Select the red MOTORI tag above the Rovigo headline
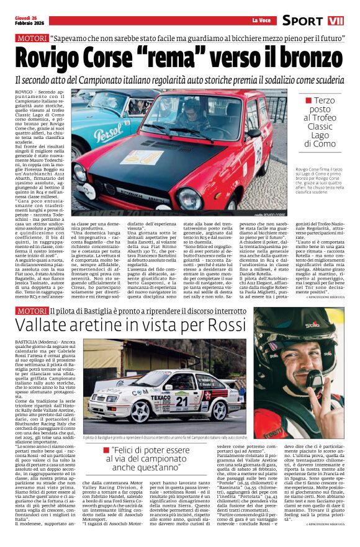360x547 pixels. click(x=32, y=38)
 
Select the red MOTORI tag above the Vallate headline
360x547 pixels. click(x=32, y=310)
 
